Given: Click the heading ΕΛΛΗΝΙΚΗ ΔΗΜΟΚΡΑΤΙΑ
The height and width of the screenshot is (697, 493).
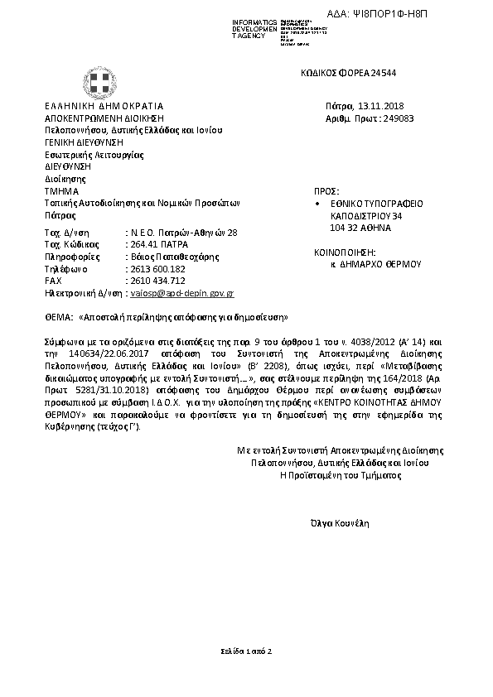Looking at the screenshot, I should pyautogui.click(x=104, y=106).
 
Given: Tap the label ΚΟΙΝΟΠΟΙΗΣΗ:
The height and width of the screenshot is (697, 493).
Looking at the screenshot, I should pyautogui.click(x=346, y=251).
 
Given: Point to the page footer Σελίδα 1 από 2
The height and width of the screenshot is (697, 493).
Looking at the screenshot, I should pyautogui.click(x=246, y=651).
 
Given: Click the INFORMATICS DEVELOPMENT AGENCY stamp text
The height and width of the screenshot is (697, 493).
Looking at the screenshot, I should pyautogui.click(x=255, y=27).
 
